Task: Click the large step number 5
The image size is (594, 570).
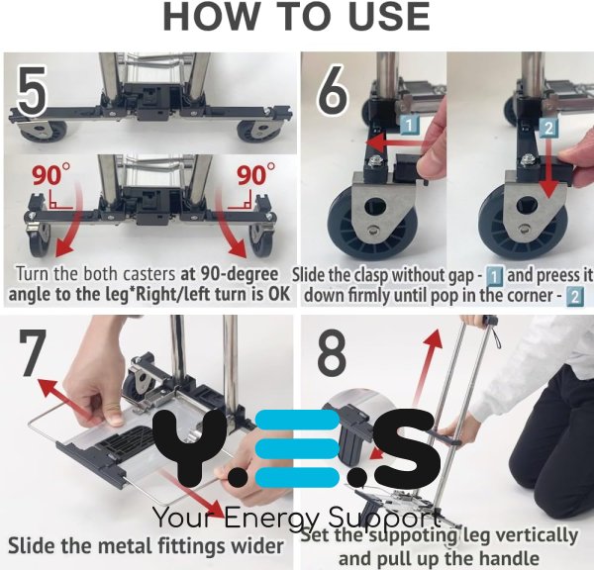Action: (x=33, y=91)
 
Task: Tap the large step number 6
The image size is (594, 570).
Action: (x=333, y=91)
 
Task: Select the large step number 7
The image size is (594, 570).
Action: (x=33, y=352)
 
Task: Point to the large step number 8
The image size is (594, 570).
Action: (x=331, y=352)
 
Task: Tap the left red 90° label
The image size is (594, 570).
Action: (x=51, y=175)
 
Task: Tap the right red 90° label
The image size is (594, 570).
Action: (x=256, y=175)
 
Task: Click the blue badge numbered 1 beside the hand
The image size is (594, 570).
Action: (x=410, y=126)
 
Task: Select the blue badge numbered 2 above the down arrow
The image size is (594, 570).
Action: (x=548, y=128)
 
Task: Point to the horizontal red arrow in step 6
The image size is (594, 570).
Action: (x=395, y=143)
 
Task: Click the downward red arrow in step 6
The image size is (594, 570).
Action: (x=546, y=168)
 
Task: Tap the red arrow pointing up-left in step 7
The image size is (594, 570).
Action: (x=64, y=399)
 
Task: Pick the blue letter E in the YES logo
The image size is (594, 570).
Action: (x=297, y=449)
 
